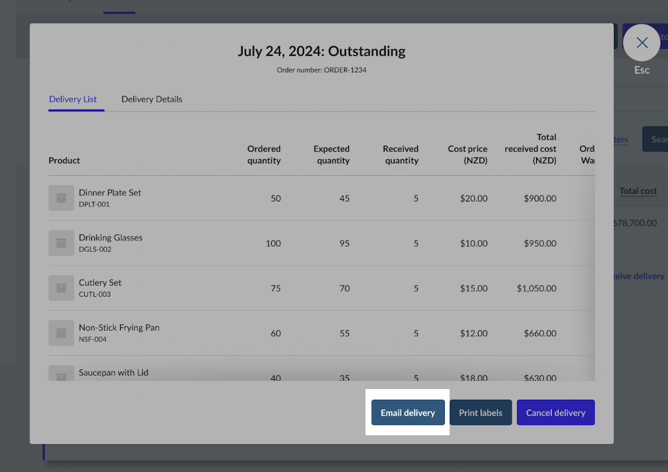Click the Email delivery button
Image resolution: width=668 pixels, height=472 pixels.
(407, 412)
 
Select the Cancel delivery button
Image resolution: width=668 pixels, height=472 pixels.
(556, 412)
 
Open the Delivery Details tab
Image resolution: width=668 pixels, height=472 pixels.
(151, 99)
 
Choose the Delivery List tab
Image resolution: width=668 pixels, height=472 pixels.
(73, 99)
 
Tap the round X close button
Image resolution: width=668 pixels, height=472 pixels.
(642, 42)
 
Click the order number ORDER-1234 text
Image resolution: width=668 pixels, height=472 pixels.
(321, 70)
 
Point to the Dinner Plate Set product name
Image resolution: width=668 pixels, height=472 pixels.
(110, 193)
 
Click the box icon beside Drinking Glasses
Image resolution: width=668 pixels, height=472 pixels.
(61, 243)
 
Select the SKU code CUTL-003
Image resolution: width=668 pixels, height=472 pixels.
(95, 294)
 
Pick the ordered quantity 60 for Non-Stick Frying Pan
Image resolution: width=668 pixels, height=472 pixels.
(275, 333)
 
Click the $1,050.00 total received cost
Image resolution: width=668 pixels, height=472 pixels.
(536, 288)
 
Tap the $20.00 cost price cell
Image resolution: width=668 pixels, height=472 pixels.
(474, 198)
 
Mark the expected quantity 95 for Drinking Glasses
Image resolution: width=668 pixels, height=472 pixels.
(344, 243)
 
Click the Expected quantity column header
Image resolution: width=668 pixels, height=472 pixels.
(332, 155)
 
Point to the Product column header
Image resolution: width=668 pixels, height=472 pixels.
(64, 160)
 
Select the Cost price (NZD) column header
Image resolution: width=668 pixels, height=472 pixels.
(468, 155)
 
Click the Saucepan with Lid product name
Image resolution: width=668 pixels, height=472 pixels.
(114, 372)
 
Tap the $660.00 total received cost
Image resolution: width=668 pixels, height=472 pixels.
(539, 333)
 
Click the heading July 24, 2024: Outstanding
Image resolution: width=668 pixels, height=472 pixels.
(321, 51)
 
